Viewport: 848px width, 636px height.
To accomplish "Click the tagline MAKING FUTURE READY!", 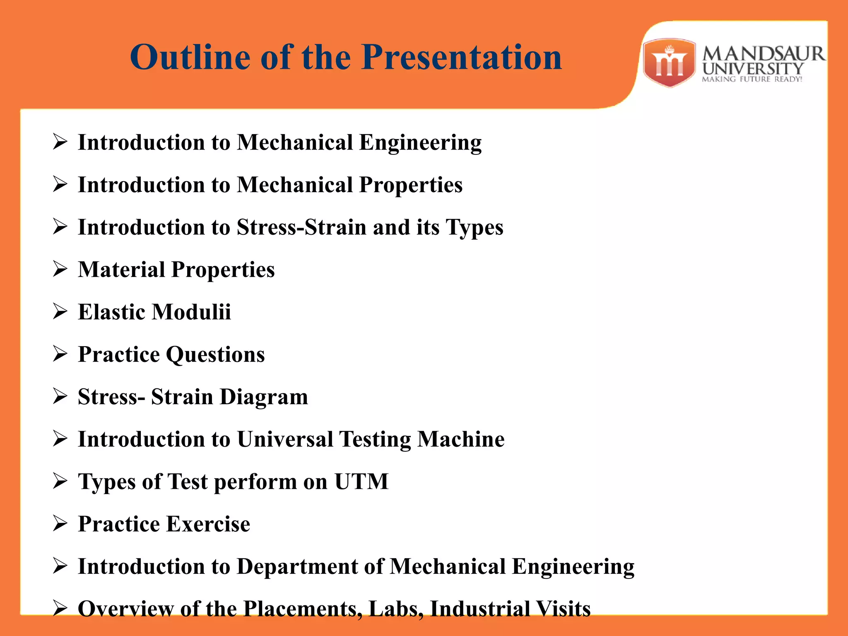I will coord(752,79).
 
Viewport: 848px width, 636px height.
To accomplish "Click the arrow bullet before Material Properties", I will coord(60,269).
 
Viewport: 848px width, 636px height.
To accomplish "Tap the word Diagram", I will coord(264,397).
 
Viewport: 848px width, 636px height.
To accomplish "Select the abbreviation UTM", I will coord(361,481).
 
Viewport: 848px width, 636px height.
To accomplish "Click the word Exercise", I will coord(208,524).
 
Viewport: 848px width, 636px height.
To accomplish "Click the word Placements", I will coord(302,609).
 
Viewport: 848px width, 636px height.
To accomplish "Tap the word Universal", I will coord(285,439).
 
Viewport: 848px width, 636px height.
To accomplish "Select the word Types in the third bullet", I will coord(474,228).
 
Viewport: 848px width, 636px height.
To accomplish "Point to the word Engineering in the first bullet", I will coord(420,143).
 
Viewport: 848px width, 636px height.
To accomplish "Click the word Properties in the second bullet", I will coord(411,185).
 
